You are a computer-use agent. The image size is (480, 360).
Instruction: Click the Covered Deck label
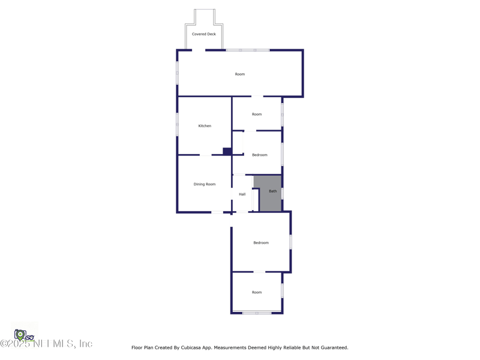coord(204,34)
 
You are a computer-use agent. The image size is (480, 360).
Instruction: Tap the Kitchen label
coord(205,126)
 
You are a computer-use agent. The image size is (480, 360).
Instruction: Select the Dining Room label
coord(204,184)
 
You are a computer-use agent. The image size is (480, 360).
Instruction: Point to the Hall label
coord(242,194)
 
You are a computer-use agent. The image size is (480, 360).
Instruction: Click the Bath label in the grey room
coord(272,191)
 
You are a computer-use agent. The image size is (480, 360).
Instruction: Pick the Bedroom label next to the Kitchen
coord(259,155)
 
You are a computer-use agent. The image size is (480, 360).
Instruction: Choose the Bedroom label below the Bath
coord(260,243)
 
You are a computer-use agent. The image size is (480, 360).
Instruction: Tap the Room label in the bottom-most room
coord(257,292)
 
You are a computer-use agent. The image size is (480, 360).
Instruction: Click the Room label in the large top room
coord(239,74)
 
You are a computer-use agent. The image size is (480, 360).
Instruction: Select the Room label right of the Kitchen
coord(257,114)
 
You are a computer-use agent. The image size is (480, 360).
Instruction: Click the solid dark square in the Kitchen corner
coord(227,151)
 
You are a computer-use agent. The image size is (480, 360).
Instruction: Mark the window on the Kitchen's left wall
coord(177,124)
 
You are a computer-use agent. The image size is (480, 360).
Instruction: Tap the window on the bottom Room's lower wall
coord(257,313)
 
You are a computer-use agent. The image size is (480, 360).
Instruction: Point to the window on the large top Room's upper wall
coord(247,50)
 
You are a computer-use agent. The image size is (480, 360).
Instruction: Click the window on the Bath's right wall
coord(282,193)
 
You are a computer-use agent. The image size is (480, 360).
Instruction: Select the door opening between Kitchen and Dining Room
coord(205,155)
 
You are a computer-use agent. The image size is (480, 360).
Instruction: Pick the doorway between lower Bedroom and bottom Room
coord(259,272)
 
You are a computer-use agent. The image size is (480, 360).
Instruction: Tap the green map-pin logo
coord(20,335)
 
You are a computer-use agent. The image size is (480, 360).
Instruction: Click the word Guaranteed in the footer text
coord(333,347)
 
